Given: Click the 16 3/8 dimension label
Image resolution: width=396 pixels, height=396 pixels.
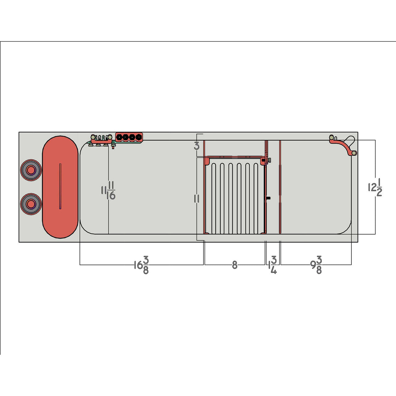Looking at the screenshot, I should pyautogui.click(x=141, y=265).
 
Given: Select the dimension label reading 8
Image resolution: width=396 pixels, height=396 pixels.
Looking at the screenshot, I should pyautogui.click(x=235, y=265).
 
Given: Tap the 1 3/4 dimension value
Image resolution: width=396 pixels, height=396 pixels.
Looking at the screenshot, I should pyautogui.click(x=273, y=265).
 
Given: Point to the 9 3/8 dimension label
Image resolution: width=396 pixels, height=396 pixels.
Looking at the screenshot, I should pyautogui.click(x=316, y=265).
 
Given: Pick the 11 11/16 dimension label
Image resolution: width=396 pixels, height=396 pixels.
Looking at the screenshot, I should pyautogui.click(x=108, y=191).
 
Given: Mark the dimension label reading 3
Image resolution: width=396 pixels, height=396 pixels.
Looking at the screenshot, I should pyautogui.click(x=197, y=145).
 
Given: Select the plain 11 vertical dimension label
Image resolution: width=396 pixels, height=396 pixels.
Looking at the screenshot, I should pyautogui.click(x=197, y=198).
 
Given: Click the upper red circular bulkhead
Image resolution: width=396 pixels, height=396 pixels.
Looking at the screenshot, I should pyautogui.click(x=31, y=170).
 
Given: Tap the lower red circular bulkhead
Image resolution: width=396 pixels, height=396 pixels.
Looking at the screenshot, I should pyautogui.click(x=31, y=204).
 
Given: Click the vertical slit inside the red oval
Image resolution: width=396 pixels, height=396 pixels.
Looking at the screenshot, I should pyautogui.click(x=60, y=186).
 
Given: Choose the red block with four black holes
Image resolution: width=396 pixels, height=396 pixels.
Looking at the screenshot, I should pyautogui.click(x=129, y=137).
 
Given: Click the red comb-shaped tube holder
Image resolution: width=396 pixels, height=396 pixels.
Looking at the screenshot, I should pyautogui.click(x=101, y=139).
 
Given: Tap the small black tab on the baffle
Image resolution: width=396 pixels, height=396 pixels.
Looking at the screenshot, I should pyautogui.click(x=268, y=198).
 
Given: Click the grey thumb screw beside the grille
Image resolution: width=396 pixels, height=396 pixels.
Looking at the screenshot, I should pyautogui.click(x=269, y=160).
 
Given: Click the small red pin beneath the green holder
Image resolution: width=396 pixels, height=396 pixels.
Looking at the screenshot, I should pyautogui.click(x=113, y=148).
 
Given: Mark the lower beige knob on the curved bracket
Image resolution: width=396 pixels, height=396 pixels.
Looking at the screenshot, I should pyautogui.click(x=354, y=153).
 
